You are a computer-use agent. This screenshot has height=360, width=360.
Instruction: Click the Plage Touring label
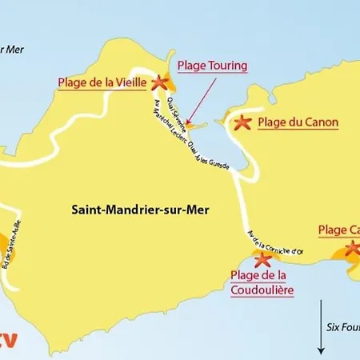(212, 66)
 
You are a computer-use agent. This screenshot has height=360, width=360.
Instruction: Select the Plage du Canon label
(298, 122)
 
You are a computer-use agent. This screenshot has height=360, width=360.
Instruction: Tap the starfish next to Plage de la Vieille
(159, 82)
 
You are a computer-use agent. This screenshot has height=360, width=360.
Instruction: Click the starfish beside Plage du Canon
(242, 122)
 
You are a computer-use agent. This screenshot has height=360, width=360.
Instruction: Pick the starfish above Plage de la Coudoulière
(262, 258)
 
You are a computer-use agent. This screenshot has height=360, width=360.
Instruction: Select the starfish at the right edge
(352, 248)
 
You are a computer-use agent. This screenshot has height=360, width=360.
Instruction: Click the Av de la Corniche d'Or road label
(276, 241)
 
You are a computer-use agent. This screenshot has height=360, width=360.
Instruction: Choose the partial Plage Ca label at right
(338, 230)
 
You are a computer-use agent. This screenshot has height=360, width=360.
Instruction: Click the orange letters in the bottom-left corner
(7, 339)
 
